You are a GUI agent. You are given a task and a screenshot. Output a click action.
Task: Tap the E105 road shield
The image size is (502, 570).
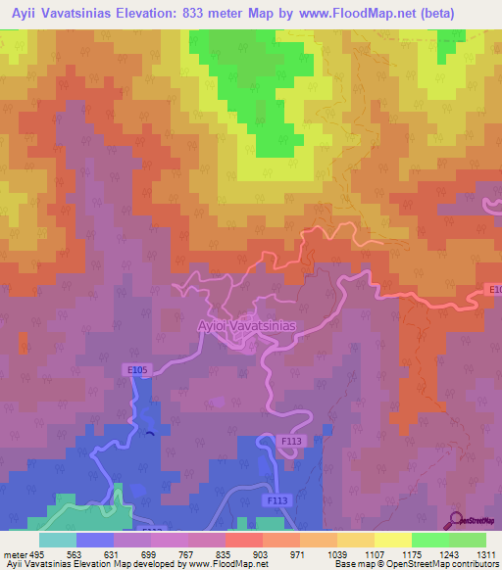[136, 369]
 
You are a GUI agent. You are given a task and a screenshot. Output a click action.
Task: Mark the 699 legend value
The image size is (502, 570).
[151, 553]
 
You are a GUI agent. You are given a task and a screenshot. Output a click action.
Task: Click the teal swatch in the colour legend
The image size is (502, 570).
[58, 540]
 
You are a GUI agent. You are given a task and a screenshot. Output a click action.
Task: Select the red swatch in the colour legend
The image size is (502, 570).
[244, 540]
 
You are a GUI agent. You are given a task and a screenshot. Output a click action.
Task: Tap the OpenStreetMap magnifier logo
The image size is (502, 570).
[456, 520]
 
